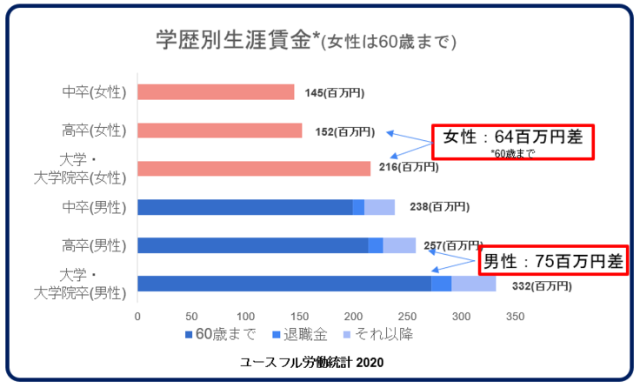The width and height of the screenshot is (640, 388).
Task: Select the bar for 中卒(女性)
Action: (216, 92)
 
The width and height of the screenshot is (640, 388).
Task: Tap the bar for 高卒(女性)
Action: (219, 130)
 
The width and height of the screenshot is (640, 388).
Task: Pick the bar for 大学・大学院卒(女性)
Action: (254, 169)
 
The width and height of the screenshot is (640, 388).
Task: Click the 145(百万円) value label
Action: (335, 92)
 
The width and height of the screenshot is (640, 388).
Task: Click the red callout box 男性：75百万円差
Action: (553, 260)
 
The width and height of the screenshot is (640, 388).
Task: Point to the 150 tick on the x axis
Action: (299, 315)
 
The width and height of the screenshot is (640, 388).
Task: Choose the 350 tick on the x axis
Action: (515, 315)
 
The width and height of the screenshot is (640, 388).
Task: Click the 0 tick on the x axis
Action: (137, 315)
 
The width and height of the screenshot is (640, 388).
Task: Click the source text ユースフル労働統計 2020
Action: (312, 361)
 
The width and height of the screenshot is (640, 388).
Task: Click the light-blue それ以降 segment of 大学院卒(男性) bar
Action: (473, 284)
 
